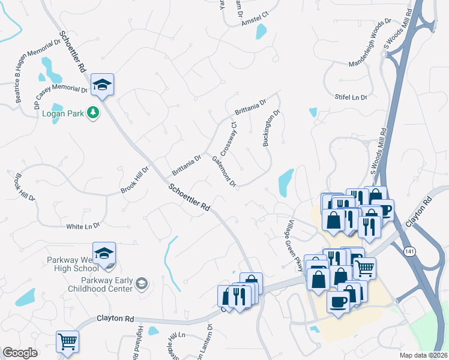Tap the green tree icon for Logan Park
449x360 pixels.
point(92,112)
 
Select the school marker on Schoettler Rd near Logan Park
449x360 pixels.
point(102,85)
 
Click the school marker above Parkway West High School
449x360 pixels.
point(104,254)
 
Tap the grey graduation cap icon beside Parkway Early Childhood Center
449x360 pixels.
point(142,283)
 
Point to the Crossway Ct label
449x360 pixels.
point(229,137)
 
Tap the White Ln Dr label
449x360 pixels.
point(83,226)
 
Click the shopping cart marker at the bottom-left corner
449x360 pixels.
point(67,342)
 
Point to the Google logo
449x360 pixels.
point(20,353)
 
